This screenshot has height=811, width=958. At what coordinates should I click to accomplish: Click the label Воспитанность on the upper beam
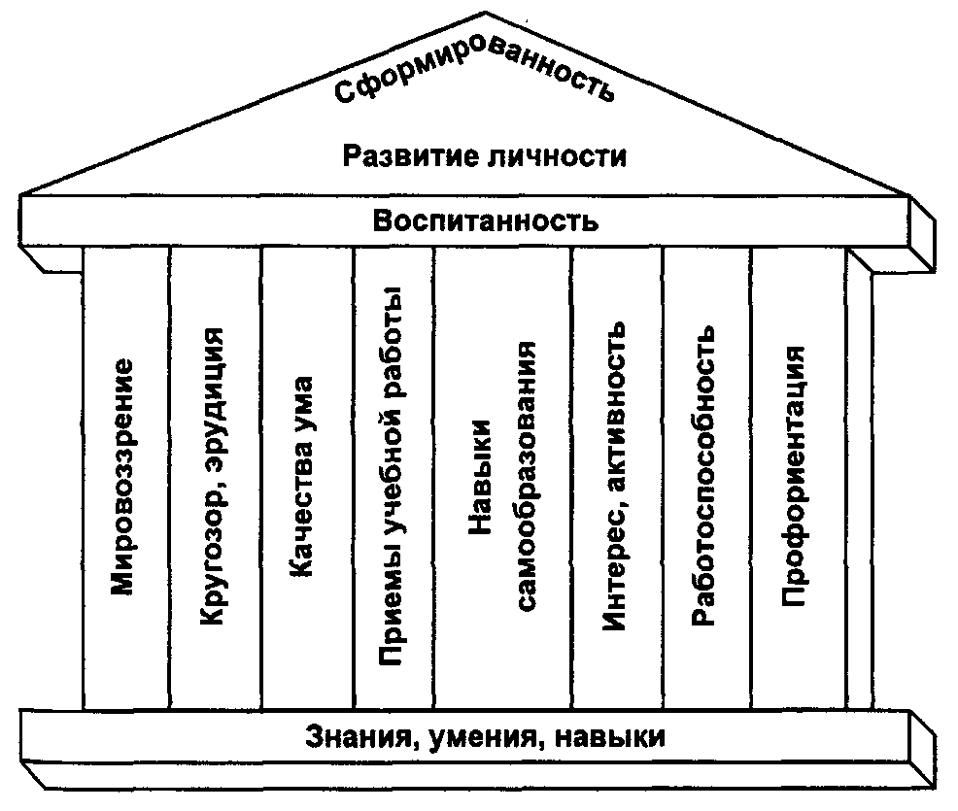[x=485, y=220]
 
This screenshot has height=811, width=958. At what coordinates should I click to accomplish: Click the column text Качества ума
[x=303, y=476]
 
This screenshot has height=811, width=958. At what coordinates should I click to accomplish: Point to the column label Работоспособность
[x=704, y=476]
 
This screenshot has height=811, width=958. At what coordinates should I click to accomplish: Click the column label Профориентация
[x=794, y=476]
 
